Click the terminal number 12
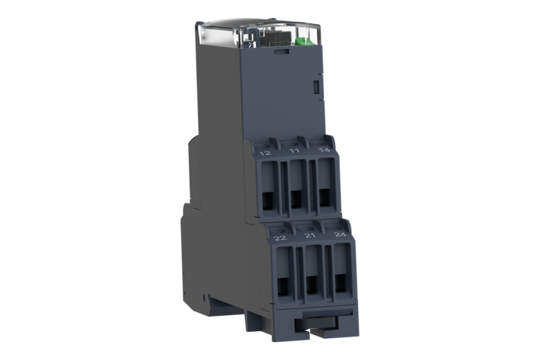click(x=265, y=153)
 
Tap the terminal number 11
click(x=294, y=151)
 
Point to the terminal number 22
click(x=280, y=238)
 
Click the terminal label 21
click(x=310, y=236)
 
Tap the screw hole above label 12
click(x=264, y=145)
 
